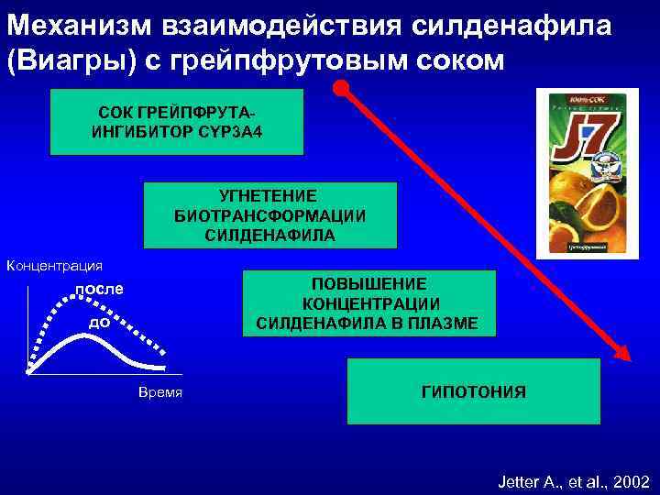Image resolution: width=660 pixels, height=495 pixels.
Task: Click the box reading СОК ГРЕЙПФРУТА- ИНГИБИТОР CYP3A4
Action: [176, 121]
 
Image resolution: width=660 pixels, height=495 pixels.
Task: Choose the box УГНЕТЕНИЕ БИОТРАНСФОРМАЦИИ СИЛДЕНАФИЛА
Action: [270, 215]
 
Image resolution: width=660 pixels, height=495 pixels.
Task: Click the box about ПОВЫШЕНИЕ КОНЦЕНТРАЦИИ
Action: [368, 303]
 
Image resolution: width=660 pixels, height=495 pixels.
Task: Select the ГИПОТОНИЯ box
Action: [474, 391]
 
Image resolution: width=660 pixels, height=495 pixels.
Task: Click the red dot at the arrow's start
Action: [341, 90]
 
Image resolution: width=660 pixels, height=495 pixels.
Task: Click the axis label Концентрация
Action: [55, 266]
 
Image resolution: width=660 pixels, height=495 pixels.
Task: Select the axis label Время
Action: [160, 392]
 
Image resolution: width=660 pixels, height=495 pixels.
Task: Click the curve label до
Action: [100, 323]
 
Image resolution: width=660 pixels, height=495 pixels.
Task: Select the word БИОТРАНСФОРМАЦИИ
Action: [270, 215]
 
